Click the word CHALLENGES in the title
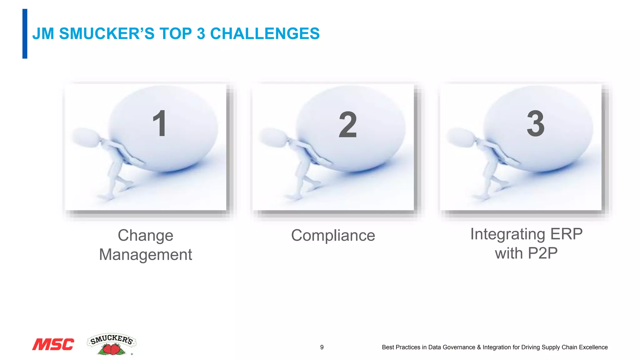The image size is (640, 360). coord(265,34)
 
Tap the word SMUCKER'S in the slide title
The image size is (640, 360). coord(107,34)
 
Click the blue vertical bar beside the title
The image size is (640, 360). coord(25,34)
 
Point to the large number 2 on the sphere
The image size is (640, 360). coord(347,125)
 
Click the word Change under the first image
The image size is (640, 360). coord(145,235)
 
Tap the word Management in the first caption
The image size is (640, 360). coord(145,254)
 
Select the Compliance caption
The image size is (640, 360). coord(333,235)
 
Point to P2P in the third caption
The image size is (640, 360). coord(542,253)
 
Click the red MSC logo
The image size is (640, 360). coord(53,344)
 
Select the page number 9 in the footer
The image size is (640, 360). coord(322,347)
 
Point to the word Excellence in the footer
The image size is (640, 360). coord(593,347)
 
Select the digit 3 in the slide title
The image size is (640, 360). coord(201,34)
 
